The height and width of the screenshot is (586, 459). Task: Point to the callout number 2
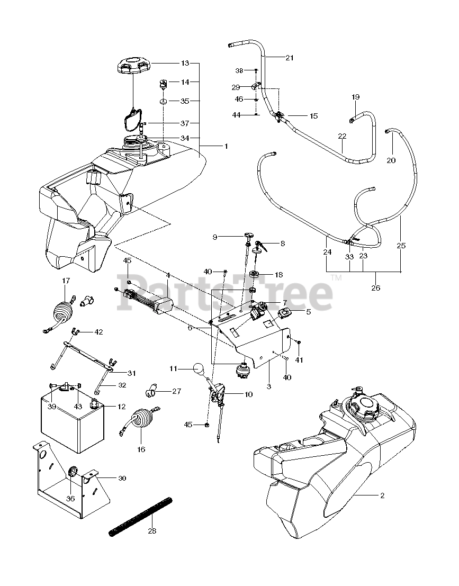(x=382, y=495)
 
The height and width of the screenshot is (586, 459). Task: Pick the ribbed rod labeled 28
(x=142, y=517)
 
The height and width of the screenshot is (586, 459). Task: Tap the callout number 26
(x=375, y=289)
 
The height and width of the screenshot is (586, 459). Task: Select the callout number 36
(x=70, y=498)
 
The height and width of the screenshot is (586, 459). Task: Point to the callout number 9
(x=214, y=237)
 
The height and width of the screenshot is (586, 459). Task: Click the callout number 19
(x=355, y=97)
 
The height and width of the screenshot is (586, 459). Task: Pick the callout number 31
(x=131, y=373)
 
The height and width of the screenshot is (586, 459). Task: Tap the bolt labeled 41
(x=298, y=344)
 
